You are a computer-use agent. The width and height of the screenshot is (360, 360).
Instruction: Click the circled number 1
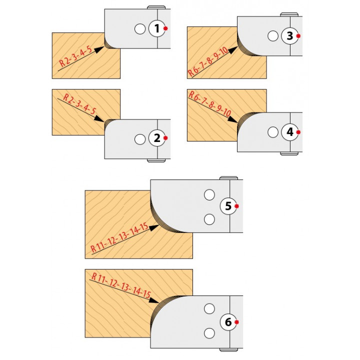tap(157, 28)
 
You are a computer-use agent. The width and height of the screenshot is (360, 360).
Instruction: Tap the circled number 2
tap(157, 138)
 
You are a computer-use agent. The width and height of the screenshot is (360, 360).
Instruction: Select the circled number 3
tap(289, 36)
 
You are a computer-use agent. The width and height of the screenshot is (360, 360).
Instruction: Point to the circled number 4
tap(289, 132)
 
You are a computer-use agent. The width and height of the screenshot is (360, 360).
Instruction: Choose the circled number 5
tap(228, 206)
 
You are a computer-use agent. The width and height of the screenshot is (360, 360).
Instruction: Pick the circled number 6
tap(228, 322)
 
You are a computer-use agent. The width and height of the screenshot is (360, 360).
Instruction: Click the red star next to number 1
tap(165, 28)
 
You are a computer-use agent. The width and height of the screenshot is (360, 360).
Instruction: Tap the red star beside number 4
tap(298, 132)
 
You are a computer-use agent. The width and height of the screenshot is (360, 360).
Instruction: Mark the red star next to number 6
tap(236, 322)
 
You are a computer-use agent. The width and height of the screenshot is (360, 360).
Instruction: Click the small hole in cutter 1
tap(140, 29)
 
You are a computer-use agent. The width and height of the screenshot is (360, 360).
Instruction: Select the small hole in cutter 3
tap(273, 36)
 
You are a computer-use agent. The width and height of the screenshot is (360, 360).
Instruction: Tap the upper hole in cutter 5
tap(209, 195)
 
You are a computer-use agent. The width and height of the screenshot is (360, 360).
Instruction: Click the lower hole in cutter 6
tap(209, 333)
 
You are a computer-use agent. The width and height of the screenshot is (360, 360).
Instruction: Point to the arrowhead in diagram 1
tap(99, 49)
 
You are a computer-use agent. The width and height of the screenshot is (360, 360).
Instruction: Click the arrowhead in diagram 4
tap(232, 119)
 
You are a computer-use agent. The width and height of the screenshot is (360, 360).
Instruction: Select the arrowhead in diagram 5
tap(154, 227)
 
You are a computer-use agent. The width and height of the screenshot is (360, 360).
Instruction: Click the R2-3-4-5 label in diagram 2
tap(79, 104)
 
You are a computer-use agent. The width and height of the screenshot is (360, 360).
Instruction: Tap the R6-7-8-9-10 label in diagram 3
tap(208, 61)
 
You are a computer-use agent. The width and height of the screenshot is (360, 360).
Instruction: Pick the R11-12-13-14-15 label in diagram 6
tap(121, 285)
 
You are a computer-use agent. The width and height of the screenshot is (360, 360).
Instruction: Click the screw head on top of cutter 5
tap(228, 178)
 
